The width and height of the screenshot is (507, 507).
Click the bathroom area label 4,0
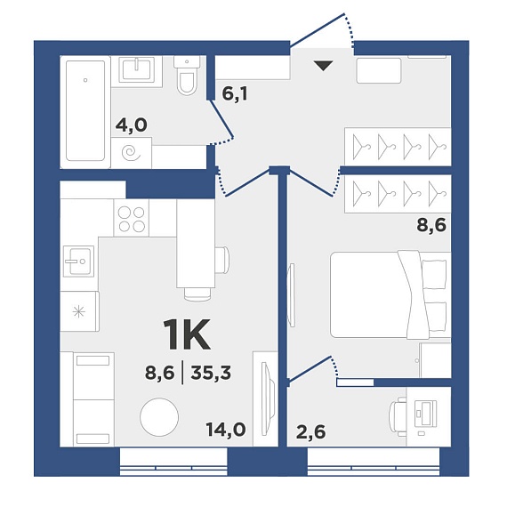(132, 125)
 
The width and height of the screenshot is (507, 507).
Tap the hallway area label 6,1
(235, 94)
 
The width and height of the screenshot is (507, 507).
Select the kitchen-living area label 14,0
(226, 430)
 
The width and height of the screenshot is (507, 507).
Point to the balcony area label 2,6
(310, 432)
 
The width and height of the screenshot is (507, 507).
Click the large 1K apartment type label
(188, 334)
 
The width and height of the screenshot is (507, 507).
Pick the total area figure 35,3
(211, 374)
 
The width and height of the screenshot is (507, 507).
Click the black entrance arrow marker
(324, 66)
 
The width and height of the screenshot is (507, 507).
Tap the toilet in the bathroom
(187, 76)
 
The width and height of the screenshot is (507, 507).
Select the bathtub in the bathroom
(85, 110)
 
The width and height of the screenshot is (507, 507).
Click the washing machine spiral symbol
(131, 153)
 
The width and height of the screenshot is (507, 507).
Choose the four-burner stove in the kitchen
(132, 219)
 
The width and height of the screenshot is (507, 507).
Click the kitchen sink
(78, 261)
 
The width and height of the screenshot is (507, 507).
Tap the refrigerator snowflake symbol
(78, 312)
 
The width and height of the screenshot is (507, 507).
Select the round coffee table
(159, 417)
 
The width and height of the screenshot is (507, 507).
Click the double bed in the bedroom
(390, 294)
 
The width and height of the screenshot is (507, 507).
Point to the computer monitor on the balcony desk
(425, 413)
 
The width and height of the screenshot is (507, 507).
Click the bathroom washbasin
(136, 70)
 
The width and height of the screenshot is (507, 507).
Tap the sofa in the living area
(88, 399)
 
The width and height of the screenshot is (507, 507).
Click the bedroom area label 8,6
(431, 225)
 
